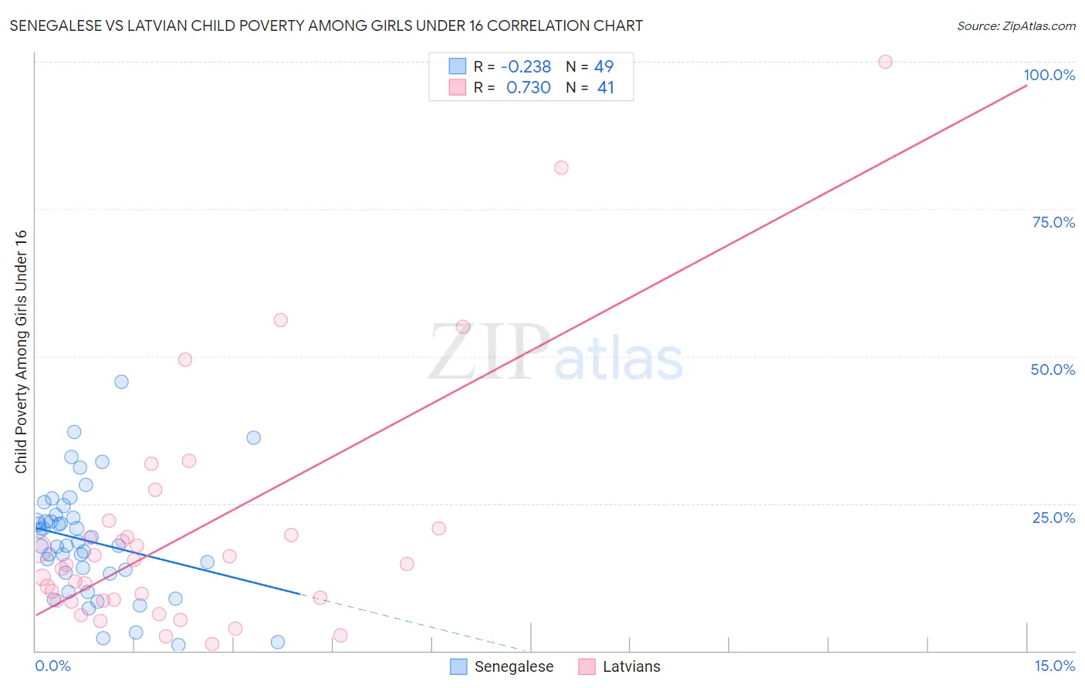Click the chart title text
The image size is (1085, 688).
[x=326, y=26]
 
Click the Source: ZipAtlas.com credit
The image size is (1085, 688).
[x=1016, y=26]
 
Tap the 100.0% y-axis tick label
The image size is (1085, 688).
[x=1049, y=75]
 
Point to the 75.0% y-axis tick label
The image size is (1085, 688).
[x=1053, y=222]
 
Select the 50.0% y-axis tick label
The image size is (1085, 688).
[x=1053, y=369]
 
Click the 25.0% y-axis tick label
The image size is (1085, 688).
[x=1053, y=518]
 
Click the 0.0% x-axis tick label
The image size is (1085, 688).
[x=52, y=666]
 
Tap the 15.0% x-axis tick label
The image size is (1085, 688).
[x=1054, y=666]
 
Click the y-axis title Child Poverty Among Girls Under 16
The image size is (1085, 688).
[x=21, y=351]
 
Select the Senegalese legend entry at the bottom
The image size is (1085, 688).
[x=502, y=666]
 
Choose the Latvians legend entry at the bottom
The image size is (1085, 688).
[x=620, y=666]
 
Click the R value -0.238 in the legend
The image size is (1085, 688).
[x=526, y=66]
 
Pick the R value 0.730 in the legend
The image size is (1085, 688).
[x=528, y=88]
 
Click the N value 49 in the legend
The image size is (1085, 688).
[x=604, y=66]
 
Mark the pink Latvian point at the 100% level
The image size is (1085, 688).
[x=885, y=62]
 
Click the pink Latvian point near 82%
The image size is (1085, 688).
[x=561, y=168]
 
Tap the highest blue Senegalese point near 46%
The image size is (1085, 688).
[x=121, y=382]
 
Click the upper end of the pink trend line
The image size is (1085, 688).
[x=1026, y=86]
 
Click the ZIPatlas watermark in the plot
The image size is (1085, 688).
[x=556, y=353]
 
